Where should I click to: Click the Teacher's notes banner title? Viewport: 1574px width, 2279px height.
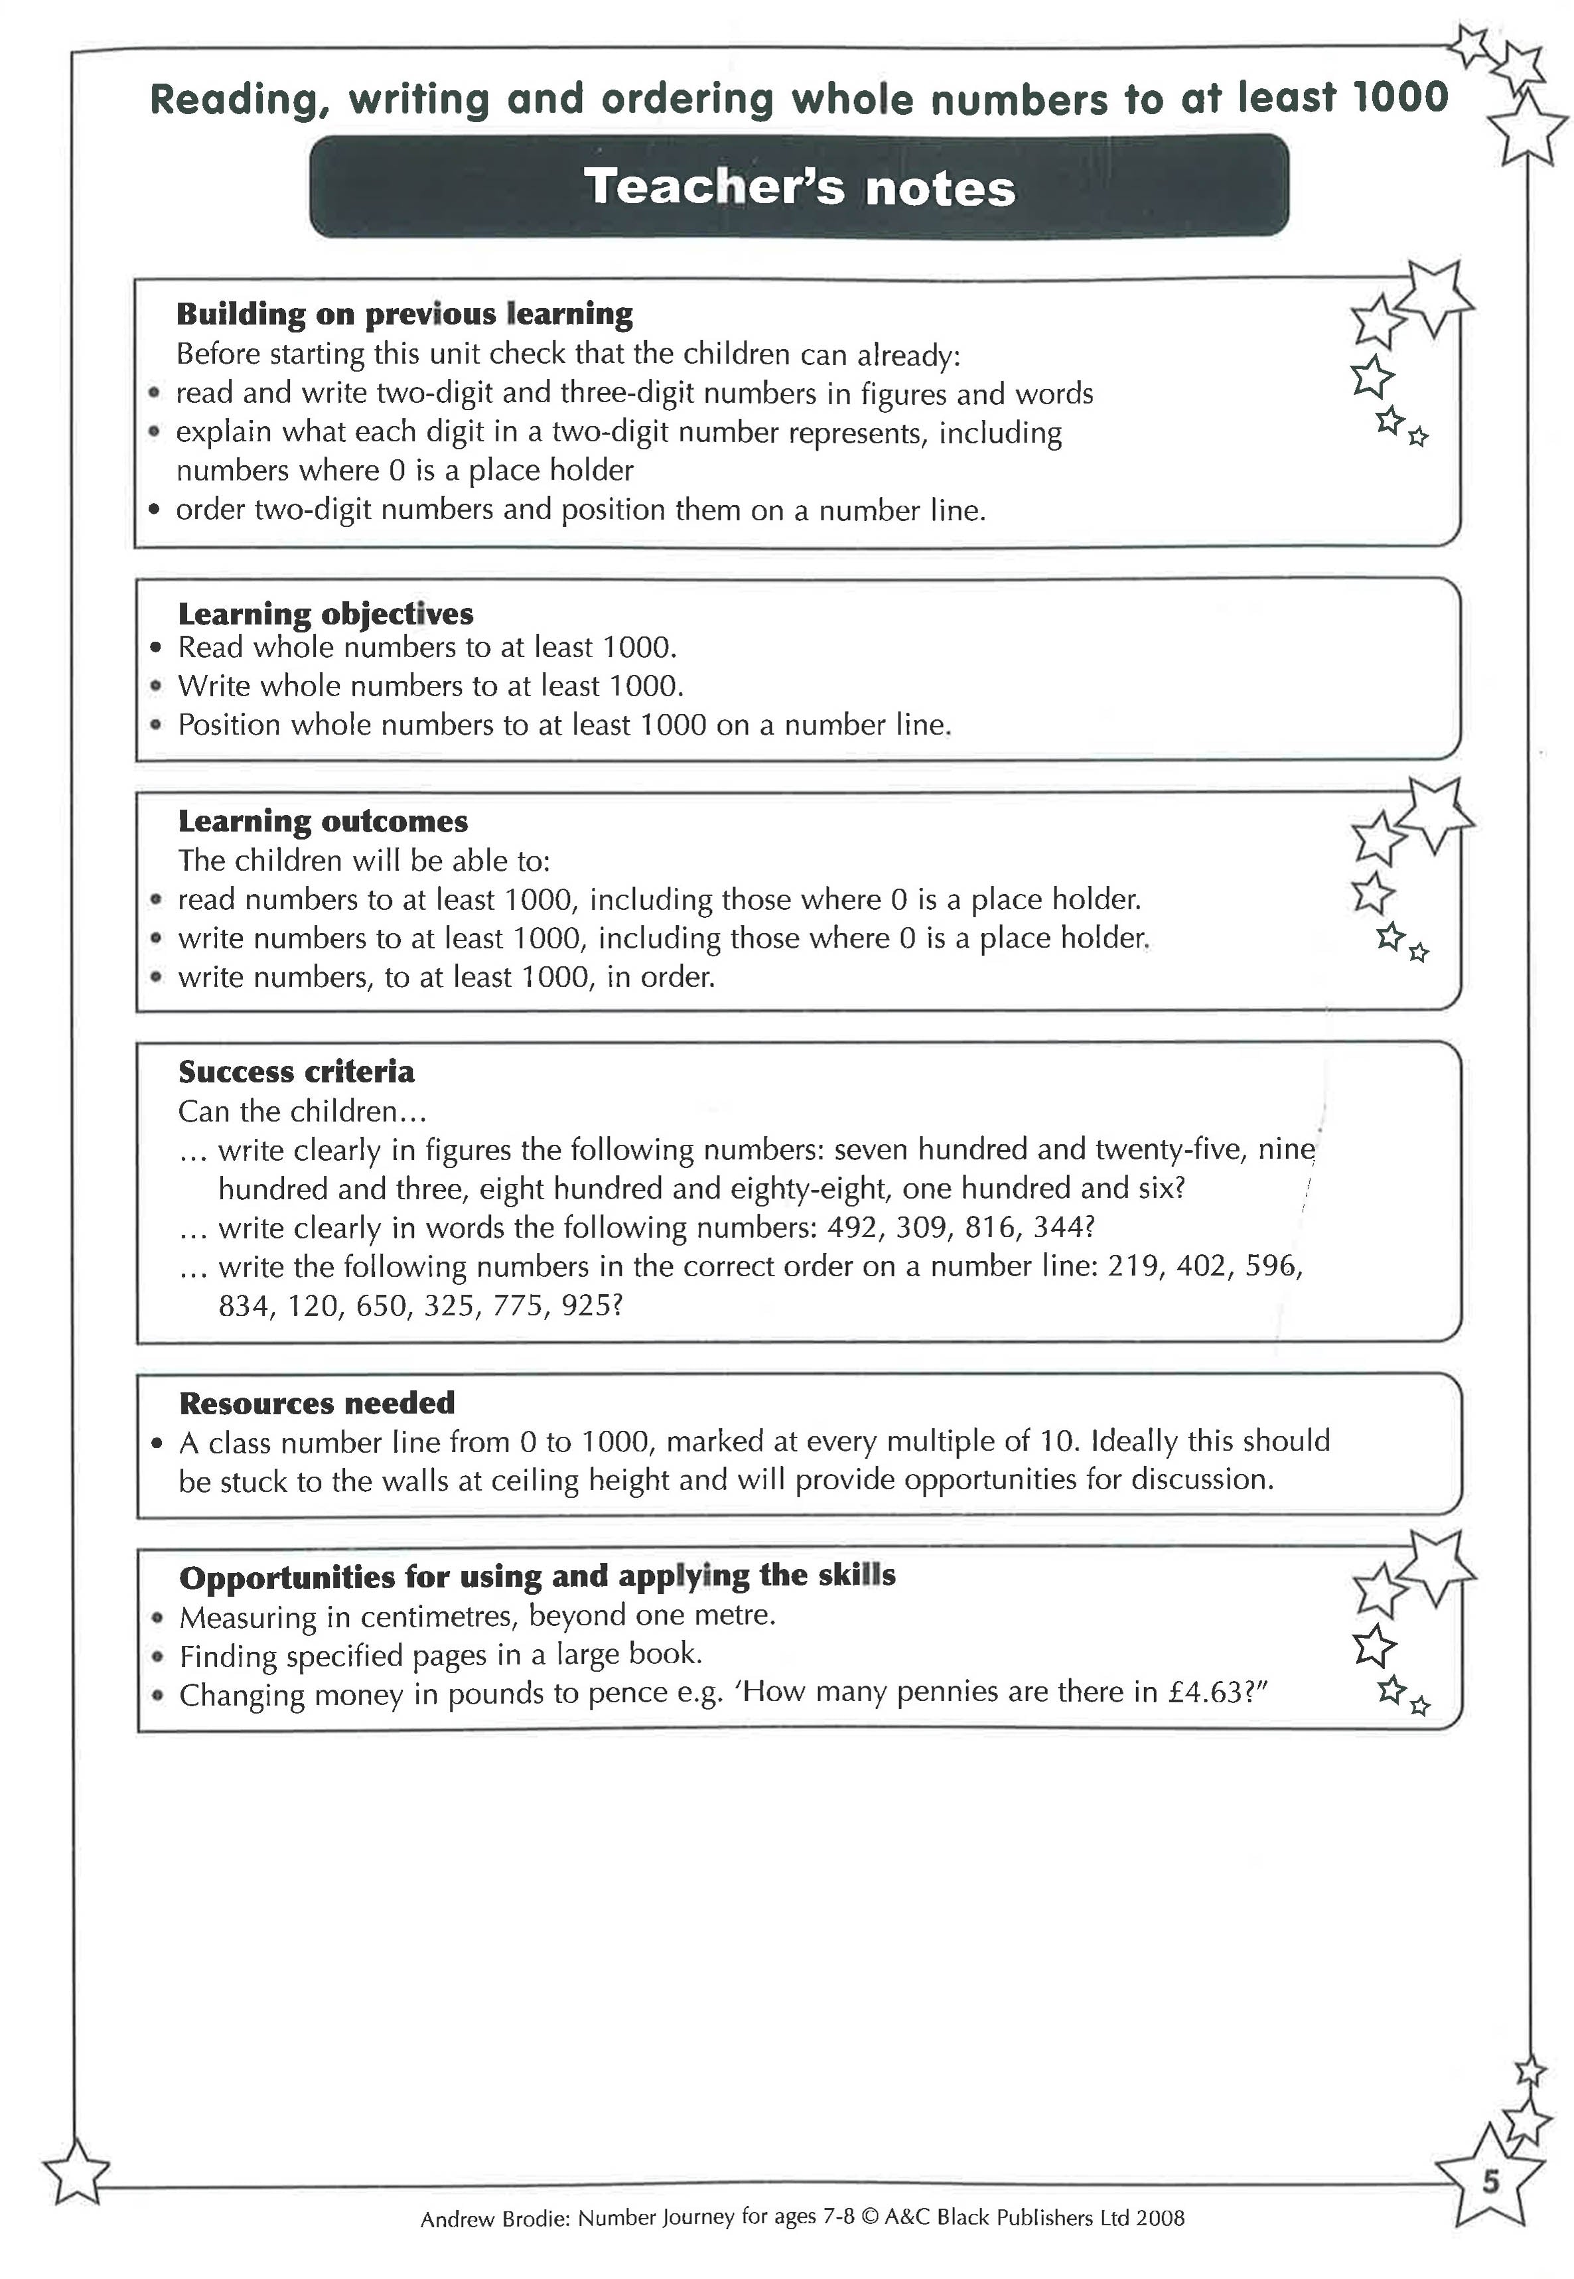799,186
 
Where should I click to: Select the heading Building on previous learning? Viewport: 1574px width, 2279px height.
404,314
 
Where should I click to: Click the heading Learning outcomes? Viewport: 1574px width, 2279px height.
322,822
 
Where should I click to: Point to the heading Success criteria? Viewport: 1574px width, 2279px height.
296,1072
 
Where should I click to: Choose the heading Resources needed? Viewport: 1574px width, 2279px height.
317,1402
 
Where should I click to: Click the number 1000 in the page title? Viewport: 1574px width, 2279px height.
1400,98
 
